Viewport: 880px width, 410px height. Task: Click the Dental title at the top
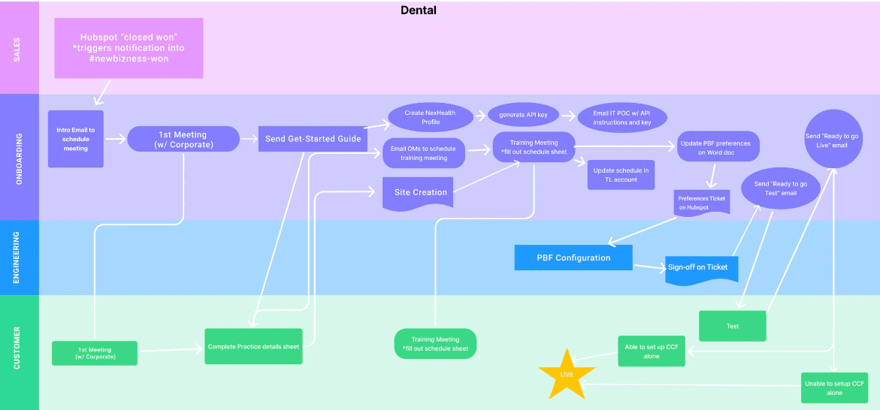click(419, 10)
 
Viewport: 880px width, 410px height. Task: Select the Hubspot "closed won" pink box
click(129, 48)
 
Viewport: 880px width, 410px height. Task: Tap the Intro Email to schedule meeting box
click(75, 139)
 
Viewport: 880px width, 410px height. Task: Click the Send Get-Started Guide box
click(313, 138)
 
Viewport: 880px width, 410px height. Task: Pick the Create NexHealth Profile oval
click(431, 117)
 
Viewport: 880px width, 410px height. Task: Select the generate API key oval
click(523, 115)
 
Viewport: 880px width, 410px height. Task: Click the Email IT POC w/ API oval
click(621, 117)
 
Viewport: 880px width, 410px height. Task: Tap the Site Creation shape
click(420, 193)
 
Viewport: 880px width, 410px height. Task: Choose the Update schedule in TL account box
click(621, 175)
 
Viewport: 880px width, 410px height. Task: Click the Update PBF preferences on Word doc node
click(718, 146)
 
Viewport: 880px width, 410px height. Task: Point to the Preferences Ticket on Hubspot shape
click(702, 203)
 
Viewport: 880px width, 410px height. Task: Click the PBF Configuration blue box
click(573, 258)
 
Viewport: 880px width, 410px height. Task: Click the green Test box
click(732, 326)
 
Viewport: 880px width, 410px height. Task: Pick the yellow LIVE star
click(567, 373)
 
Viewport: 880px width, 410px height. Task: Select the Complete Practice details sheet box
click(253, 346)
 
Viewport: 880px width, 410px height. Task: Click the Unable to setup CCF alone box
click(834, 387)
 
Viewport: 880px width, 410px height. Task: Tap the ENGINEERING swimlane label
click(18, 258)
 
